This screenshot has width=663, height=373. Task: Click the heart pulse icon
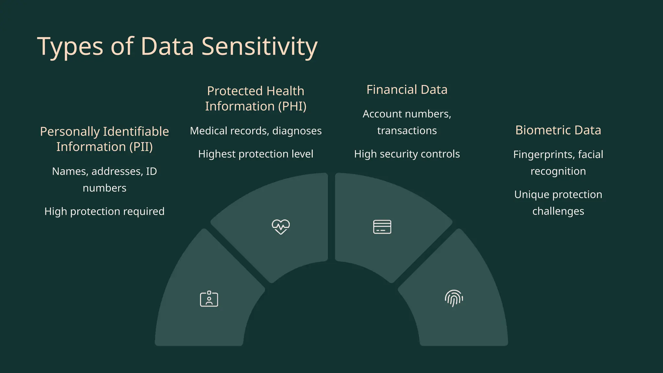(x=281, y=227)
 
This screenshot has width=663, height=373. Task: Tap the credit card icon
(x=382, y=227)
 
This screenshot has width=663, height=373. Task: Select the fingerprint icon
(x=454, y=298)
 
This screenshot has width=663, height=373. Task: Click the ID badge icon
(x=209, y=299)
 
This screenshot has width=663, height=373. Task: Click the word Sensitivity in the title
(x=259, y=46)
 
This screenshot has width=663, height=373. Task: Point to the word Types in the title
(x=70, y=46)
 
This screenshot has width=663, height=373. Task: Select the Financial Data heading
(x=407, y=90)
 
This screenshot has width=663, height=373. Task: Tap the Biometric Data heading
(x=558, y=130)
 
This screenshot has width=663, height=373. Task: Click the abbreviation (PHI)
(x=292, y=106)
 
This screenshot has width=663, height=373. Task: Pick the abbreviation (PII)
(x=141, y=147)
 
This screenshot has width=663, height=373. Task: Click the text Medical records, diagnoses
(x=256, y=131)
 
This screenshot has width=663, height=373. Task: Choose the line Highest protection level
(x=256, y=154)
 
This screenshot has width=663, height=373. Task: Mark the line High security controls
(x=407, y=154)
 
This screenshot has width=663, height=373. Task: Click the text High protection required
(x=104, y=211)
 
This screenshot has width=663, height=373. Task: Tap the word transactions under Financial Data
(x=407, y=130)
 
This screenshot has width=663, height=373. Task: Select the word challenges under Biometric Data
(x=558, y=211)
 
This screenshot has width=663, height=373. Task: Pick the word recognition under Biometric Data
(x=558, y=171)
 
